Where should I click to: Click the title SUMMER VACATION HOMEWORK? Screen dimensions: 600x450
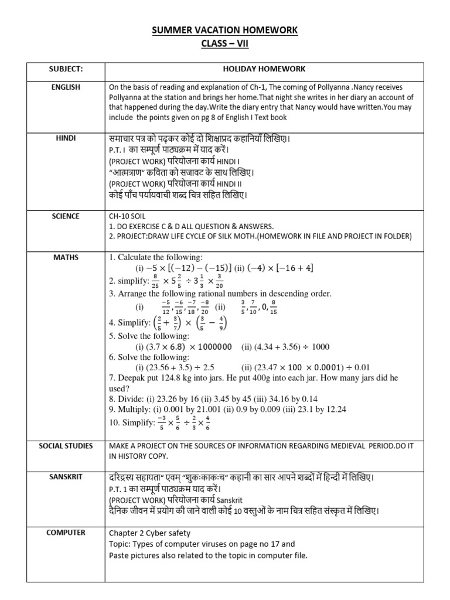226,30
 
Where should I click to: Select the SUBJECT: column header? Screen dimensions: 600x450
66,69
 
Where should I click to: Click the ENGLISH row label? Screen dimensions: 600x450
66,87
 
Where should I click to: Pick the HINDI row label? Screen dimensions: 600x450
66,138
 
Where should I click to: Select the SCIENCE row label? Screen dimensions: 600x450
66,216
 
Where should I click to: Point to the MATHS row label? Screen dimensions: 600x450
66,257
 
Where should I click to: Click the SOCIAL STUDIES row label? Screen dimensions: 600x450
66,446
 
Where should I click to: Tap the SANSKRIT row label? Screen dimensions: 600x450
66,477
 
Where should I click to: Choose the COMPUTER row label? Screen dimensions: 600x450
66,533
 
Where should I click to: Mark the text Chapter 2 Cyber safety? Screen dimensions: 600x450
149,533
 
